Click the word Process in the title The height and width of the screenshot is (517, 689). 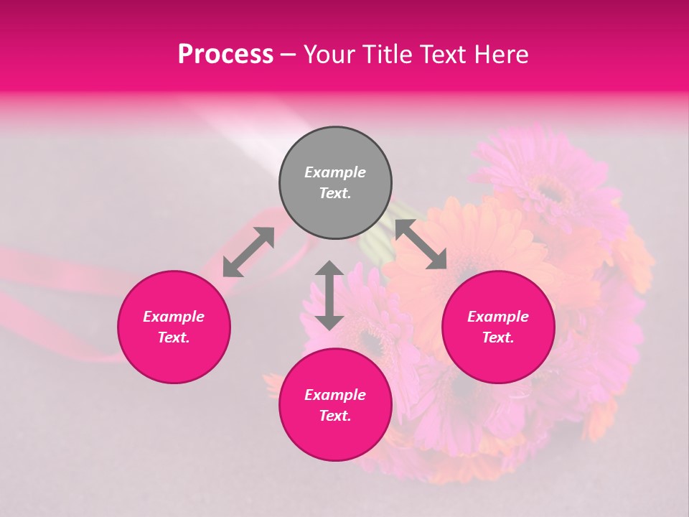point(225,55)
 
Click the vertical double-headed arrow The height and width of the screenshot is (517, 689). point(329,295)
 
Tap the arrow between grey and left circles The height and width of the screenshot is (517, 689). point(248,251)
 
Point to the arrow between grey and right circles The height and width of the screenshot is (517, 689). point(421,245)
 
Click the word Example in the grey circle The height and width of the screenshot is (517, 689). point(335,172)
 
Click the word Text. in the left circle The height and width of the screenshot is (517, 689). point(174,337)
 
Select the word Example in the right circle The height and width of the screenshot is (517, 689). point(498,317)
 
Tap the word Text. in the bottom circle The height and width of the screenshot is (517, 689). point(335,416)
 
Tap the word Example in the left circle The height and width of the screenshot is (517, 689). point(174,317)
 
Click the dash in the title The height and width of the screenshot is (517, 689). point(289,55)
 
